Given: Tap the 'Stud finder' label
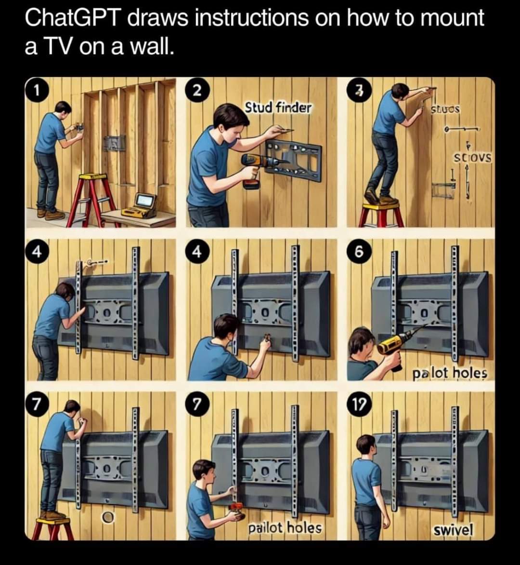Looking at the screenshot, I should tap(278, 107).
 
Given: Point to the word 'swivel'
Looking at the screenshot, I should tap(453, 530).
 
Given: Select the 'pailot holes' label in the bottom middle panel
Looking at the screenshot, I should tap(285, 527).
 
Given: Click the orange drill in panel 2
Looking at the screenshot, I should tap(258, 166).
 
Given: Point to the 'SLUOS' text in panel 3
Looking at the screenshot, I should tap(445, 110).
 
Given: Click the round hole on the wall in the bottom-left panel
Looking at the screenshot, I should tap(108, 517).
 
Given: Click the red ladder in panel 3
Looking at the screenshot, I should tap(381, 215).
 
